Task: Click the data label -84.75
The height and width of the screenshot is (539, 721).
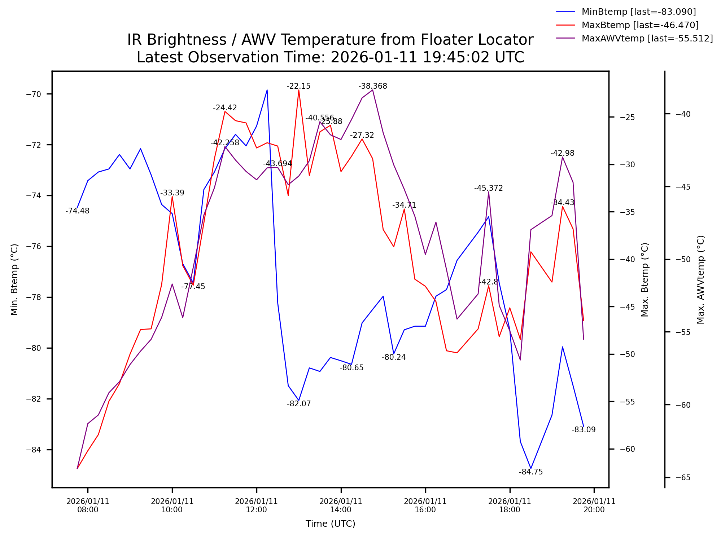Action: [x=530, y=472]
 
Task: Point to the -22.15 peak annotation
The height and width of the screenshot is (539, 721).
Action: [x=298, y=86]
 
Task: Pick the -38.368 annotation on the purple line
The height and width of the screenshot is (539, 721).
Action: [x=372, y=86]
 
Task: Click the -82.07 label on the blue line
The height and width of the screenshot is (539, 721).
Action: [x=298, y=404]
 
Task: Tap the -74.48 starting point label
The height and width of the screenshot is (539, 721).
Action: [x=77, y=211]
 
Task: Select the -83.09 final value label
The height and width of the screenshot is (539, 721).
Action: [x=583, y=430]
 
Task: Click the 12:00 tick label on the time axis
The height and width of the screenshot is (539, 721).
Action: [x=256, y=505]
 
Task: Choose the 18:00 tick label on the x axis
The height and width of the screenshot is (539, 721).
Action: [x=510, y=505]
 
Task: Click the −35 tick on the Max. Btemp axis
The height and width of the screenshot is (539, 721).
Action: [x=627, y=212]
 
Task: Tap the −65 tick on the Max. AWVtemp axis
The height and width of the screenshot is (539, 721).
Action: [x=683, y=478]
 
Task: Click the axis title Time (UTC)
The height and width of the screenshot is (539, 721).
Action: [x=330, y=524]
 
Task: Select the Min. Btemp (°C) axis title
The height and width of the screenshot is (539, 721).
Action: [x=14, y=279]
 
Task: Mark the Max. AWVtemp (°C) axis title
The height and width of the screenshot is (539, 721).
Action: [x=700, y=279]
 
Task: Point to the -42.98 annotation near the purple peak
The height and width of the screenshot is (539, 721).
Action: [x=562, y=153]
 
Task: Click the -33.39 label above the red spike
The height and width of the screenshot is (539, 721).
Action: [x=172, y=193]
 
